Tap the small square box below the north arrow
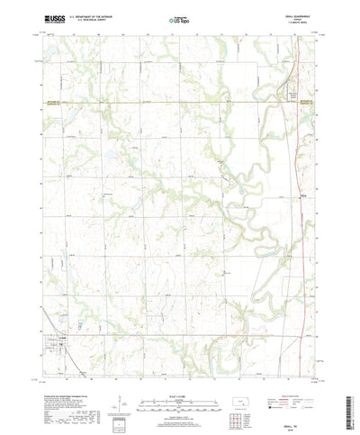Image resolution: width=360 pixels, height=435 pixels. [x=117, y=420]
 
